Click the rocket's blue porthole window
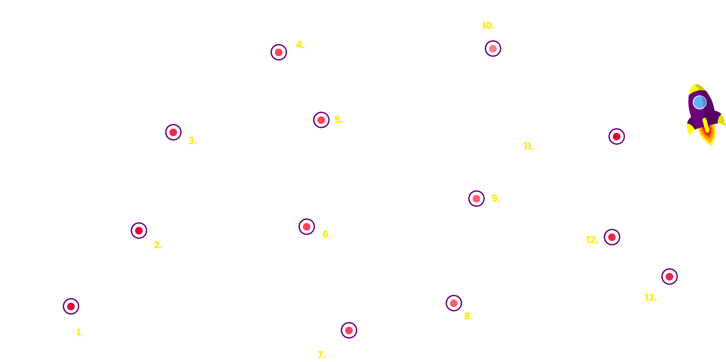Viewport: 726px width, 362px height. pyautogui.click(x=700, y=102)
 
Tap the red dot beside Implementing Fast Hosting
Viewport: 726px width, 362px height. pyautogui.click(x=71, y=306)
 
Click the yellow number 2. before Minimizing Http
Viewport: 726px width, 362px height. pyautogui.click(x=158, y=245)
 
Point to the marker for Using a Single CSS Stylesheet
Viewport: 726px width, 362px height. pyautogui.click(x=173, y=132)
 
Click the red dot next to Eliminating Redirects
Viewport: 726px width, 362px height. pyautogui.click(x=307, y=227)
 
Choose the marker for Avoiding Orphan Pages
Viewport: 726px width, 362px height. pyautogui.click(x=477, y=199)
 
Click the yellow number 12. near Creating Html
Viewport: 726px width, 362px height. pyautogui.click(x=592, y=240)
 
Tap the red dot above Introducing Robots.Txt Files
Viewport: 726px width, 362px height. pyautogui.click(x=669, y=277)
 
